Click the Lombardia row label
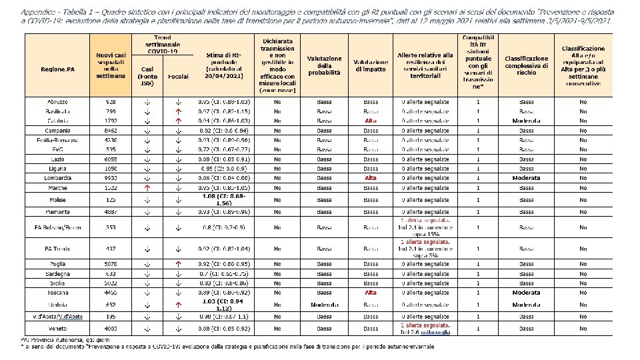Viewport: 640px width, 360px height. (x=57, y=179)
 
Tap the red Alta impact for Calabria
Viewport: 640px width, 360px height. (x=371, y=121)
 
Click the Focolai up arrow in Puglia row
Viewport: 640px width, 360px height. (x=178, y=263)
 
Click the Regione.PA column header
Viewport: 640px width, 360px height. (x=57, y=69)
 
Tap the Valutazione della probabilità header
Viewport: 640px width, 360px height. (x=324, y=65)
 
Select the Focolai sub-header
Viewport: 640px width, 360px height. (x=178, y=77)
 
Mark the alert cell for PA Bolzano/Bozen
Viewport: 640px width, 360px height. (x=425, y=227)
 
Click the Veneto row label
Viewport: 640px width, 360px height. (x=57, y=329)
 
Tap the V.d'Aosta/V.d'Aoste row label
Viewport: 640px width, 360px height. (x=57, y=316)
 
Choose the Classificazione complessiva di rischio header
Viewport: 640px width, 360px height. (x=526, y=65)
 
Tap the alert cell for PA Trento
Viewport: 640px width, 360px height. (x=425, y=249)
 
